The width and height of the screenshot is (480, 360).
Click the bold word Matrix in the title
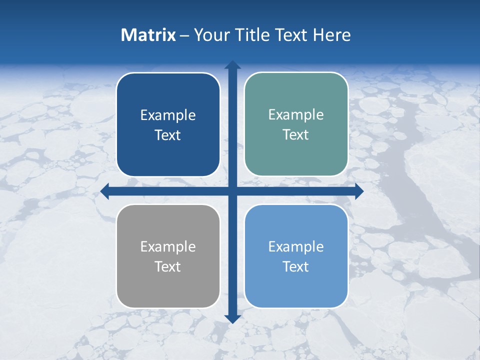pos(148,35)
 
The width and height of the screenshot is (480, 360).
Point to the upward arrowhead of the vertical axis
pos(232,65)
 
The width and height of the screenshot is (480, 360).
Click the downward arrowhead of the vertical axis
pos(232,318)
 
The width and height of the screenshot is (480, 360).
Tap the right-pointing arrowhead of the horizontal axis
pos(358,191)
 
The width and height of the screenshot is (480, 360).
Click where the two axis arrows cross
pos(232,191)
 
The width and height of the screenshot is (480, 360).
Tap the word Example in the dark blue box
pos(168,115)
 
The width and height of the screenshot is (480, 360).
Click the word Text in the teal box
pos(296,135)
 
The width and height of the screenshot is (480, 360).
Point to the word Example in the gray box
pos(168,246)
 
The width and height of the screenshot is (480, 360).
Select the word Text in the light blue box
pos(296,266)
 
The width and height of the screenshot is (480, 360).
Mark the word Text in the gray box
pos(168,266)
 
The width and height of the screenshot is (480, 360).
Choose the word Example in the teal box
pos(296,115)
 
